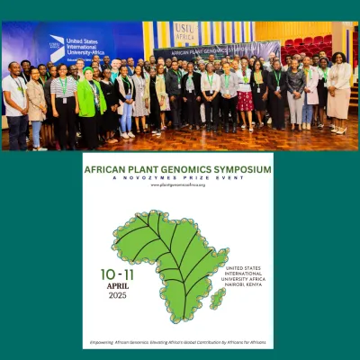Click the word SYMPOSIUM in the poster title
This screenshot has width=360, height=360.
click(x=239, y=168)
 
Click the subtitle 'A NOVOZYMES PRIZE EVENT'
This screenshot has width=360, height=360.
click(x=178, y=177)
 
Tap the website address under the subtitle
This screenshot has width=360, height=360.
click(x=178, y=184)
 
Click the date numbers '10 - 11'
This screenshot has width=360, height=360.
click(x=115, y=273)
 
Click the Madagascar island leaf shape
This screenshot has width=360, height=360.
click(x=217, y=298)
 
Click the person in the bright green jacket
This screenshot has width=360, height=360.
click(x=89, y=99)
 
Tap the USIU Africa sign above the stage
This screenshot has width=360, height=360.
click(x=186, y=32)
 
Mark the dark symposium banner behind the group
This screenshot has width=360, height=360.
click(x=216, y=51)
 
